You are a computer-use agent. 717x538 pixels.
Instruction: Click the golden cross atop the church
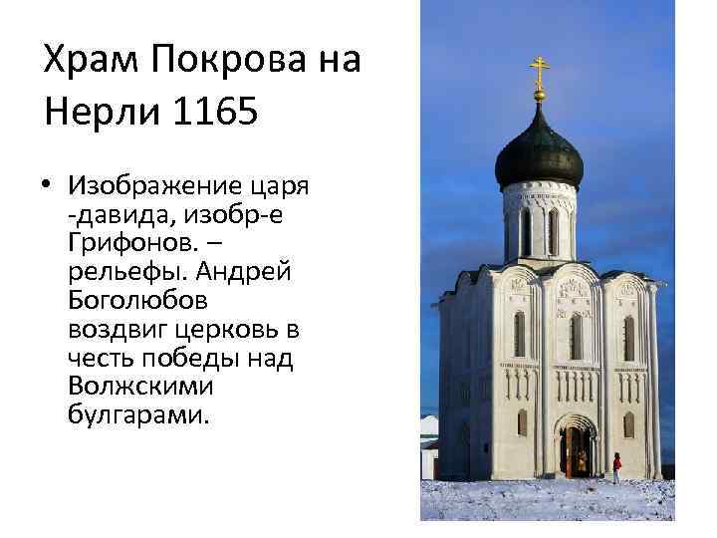click(x=539, y=73)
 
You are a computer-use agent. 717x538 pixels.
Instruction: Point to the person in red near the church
click(x=616, y=465)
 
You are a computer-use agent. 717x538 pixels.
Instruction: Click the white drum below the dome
click(x=539, y=224)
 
